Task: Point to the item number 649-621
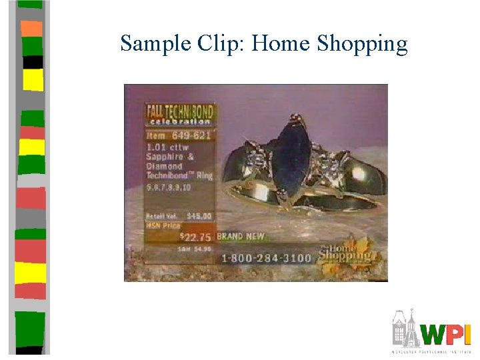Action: [x=191, y=136]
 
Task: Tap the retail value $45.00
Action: [x=199, y=216]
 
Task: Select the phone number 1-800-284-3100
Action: [x=266, y=257]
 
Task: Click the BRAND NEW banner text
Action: [x=241, y=236]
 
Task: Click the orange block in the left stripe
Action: [x=32, y=28]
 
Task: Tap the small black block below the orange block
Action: [x=33, y=62]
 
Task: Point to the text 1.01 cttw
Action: [x=167, y=147]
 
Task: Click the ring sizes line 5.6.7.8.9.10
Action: [x=169, y=187]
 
